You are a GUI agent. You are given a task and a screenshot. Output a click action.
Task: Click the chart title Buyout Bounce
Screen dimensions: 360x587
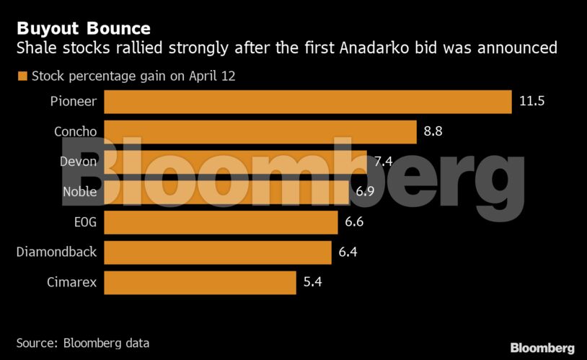pos(84,28)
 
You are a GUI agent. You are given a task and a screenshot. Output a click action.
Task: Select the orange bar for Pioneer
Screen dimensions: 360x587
pos(307,102)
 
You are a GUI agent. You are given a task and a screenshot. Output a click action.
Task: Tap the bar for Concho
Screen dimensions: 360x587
pos(260,132)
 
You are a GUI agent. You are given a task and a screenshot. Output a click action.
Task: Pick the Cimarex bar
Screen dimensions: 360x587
pos(200,283)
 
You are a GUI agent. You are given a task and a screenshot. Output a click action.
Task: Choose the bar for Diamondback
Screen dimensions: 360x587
pos(218,253)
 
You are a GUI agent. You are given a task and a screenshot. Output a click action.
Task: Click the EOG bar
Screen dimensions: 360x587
pos(221,222)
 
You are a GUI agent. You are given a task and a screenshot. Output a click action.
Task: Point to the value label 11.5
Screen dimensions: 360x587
pos(531,102)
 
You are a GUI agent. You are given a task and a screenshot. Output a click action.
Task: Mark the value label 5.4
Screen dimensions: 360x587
pos(312,283)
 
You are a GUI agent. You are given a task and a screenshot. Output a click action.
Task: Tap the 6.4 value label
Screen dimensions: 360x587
pos(348,253)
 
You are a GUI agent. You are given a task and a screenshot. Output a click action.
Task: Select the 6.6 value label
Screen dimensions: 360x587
pos(354,222)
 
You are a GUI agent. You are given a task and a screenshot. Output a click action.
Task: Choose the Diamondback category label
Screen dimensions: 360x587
pos(56,253)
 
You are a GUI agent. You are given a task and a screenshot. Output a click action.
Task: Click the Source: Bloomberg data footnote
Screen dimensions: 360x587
pos(82,343)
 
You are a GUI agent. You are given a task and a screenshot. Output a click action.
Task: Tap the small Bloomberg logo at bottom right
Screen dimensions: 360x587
pos(542,348)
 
